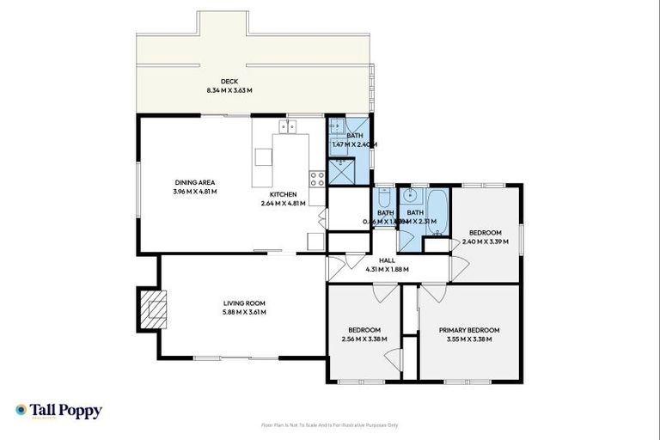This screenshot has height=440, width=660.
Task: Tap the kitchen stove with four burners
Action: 316,180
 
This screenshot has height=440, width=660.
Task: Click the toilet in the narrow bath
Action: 384,195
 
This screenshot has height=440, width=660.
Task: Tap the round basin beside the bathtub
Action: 412,195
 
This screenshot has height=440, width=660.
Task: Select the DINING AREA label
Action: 195,182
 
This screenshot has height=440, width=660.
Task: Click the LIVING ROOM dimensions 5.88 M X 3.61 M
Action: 245,312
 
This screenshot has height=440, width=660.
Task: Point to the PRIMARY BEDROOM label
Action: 468,330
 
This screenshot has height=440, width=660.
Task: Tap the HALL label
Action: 388,260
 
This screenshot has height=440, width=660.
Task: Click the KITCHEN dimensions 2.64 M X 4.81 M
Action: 284,204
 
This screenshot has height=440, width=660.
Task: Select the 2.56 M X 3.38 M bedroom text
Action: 364,339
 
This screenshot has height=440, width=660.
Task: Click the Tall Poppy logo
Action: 58,411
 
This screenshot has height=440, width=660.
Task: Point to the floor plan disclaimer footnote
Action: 330,425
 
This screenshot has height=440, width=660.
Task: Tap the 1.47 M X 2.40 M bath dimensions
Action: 354,144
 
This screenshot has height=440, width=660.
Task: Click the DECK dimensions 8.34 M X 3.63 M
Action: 229,90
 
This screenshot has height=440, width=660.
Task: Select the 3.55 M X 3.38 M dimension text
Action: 468,339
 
